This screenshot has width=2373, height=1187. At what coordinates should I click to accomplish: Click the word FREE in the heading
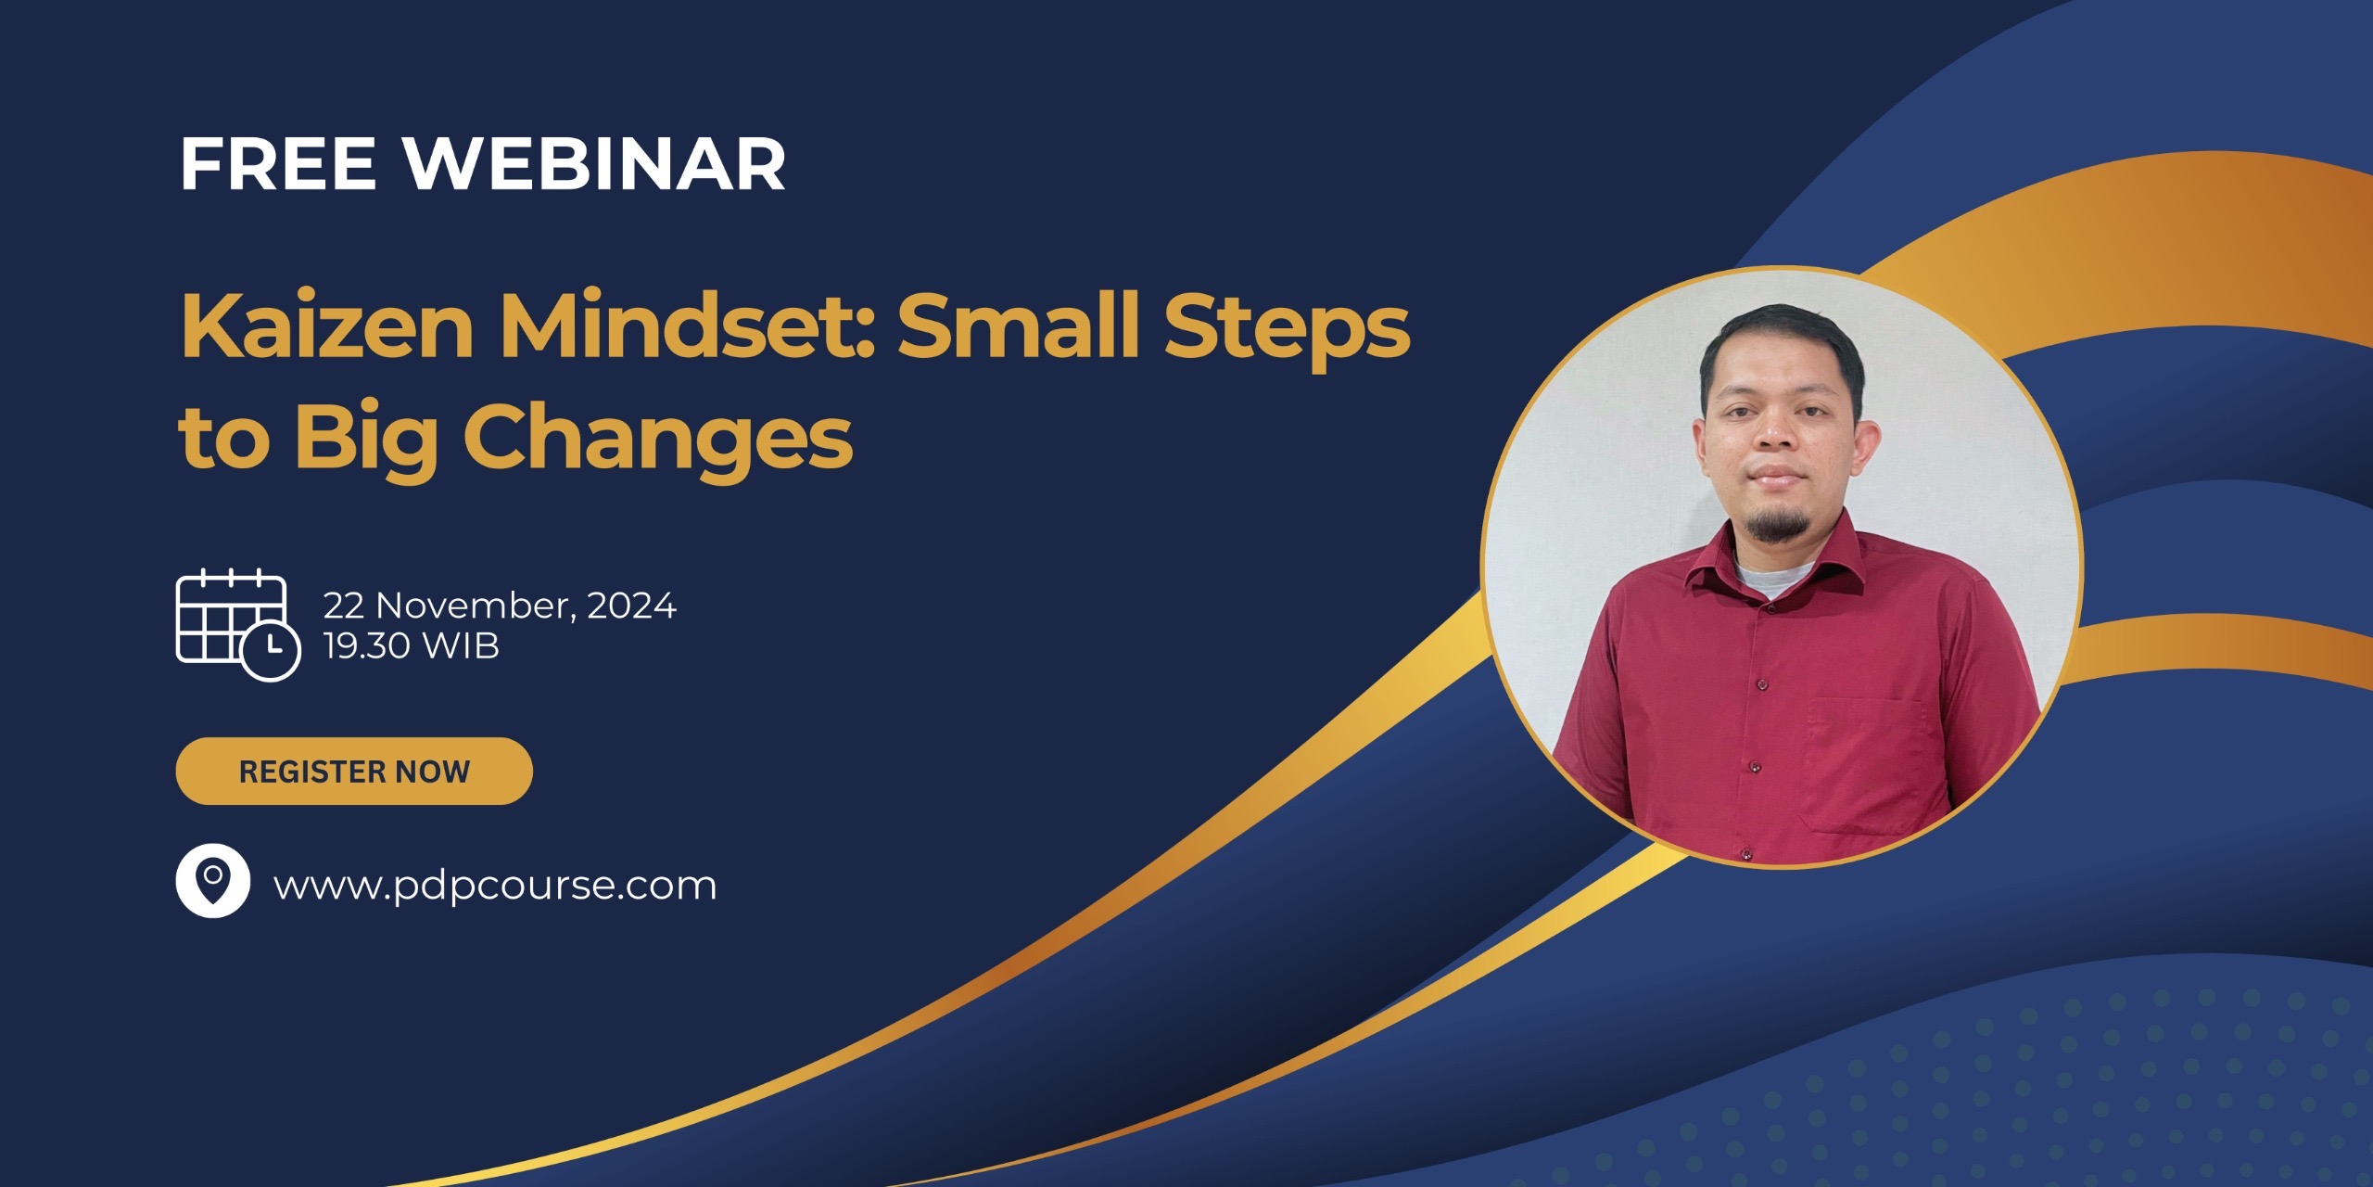pos(278,165)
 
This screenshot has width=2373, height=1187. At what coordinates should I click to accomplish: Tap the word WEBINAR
pos(594,165)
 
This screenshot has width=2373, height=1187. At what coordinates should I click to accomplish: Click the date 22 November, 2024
pos(500,606)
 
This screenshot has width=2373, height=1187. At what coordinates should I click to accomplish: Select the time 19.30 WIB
pos(411,646)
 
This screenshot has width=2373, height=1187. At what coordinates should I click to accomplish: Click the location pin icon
pos(212,880)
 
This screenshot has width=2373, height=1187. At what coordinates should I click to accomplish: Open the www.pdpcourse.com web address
pos(495,886)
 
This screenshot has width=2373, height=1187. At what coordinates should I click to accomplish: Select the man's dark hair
pos(1780,338)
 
